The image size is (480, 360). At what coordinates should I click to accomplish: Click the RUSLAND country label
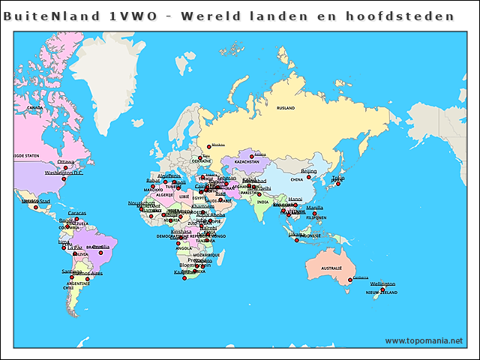point(286,108)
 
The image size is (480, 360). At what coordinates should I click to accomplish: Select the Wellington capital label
point(382,283)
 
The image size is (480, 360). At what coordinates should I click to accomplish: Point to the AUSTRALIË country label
point(331,268)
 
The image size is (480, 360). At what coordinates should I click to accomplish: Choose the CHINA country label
point(297,180)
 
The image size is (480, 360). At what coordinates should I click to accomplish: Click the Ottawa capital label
point(66,161)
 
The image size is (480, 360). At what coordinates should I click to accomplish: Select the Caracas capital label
point(76,213)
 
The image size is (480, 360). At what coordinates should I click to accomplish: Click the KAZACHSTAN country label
point(247,161)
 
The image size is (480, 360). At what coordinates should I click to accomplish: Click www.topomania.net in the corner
point(424,340)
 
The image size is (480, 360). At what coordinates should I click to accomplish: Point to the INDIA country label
point(262,202)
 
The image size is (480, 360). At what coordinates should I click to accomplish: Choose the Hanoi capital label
point(295,199)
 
